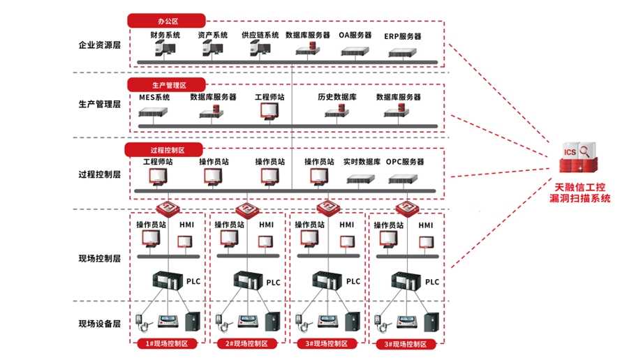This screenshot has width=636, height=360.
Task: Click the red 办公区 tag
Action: (x=166, y=21)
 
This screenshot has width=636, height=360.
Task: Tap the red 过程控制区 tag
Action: (x=164, y=150)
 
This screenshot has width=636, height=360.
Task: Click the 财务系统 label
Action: (x=165, y=35)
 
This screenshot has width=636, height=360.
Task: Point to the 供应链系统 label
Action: (x=260, y=35)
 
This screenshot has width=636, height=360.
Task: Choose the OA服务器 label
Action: (x=355, y=35)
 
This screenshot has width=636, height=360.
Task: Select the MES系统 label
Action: (x=154, y=98)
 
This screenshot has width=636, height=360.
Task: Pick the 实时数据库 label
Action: (x=362, y=162)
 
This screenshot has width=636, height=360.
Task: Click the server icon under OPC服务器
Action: (x=405, y=179)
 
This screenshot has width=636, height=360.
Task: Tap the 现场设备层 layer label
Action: (x=100, y=324)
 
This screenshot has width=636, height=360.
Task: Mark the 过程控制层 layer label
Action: (x=100, y=174)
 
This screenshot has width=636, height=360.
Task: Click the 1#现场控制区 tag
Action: (x=168, y=344)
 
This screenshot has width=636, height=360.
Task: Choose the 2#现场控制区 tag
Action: (x=248, y=344)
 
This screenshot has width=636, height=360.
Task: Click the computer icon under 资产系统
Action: (x=212, y=48)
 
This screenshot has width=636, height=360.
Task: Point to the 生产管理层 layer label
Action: (x=100, y=105)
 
